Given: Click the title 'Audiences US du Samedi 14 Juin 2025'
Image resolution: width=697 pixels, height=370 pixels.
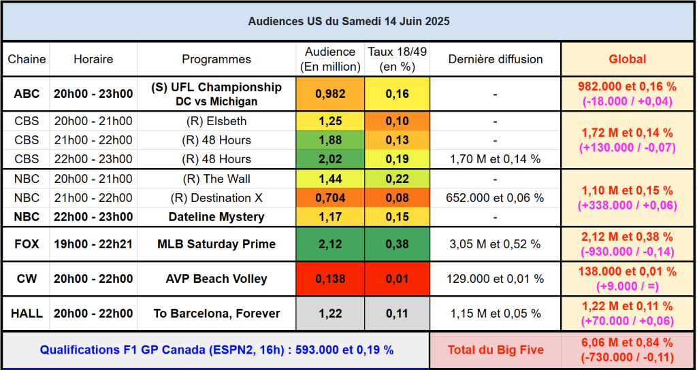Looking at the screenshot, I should coord(348,22).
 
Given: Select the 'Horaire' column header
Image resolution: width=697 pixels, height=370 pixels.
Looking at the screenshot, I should coord(93,59).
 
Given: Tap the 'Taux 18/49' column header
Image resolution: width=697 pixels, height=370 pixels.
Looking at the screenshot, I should coord(397,59).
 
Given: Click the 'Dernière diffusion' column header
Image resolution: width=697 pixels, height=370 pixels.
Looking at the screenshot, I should coord(495,59).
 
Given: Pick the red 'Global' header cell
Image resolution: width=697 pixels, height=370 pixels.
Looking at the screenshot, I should coord(627,59).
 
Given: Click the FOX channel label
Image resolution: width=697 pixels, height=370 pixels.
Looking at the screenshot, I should coord(27,244).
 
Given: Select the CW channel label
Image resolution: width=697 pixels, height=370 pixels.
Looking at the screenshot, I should coord(27,279).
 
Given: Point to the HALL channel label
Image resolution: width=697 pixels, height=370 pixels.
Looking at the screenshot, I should coord(27,314).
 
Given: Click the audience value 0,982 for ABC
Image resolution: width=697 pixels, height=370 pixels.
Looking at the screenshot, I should coord(330,94).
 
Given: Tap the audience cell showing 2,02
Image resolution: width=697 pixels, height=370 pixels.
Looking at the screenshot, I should coord(330,159).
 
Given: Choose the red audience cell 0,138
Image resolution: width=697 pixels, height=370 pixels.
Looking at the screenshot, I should coord(330,279).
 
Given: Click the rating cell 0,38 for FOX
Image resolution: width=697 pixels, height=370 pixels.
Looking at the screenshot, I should coord(397,244).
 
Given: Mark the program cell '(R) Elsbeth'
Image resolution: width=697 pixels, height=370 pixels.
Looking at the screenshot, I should coord(216,121).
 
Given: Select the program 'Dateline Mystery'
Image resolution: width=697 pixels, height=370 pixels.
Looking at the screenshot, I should coord(216,217).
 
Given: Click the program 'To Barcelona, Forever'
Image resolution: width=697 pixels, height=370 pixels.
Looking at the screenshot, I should coord(216,314).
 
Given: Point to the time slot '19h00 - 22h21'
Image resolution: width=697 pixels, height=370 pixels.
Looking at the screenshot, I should coord(93,244).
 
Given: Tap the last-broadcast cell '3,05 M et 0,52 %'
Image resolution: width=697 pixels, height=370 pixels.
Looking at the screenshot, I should coord(495,244).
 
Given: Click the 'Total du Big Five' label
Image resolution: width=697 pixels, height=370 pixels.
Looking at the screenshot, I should coord(495,350).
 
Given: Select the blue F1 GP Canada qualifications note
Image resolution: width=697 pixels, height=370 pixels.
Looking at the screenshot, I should coord(216,350).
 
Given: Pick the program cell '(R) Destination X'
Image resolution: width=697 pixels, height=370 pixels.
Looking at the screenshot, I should coord(216,198).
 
